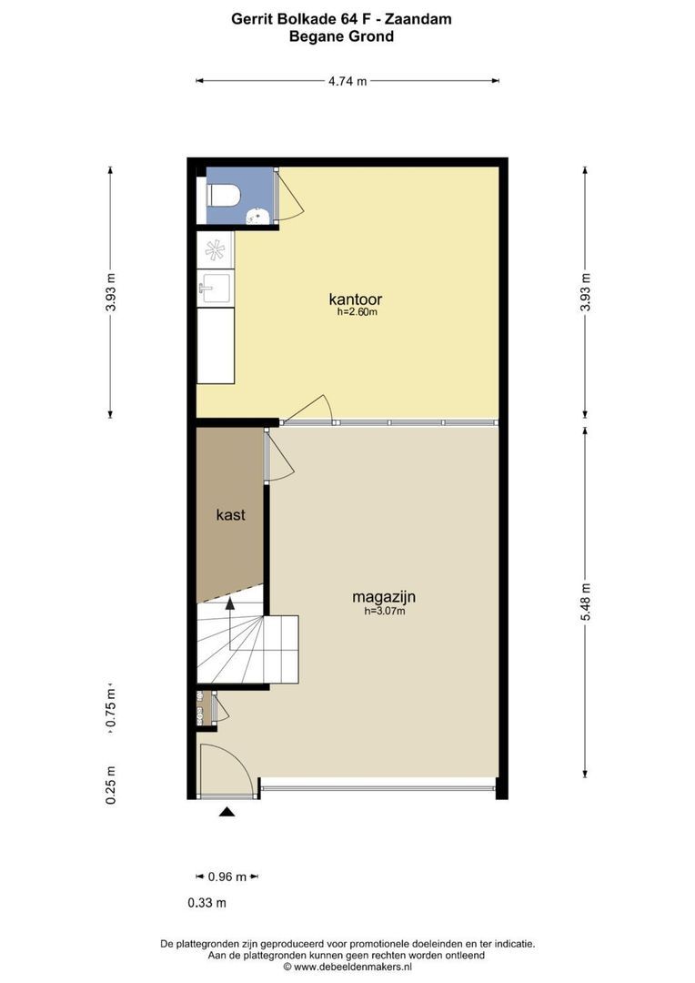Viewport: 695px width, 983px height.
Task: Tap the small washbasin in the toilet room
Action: [x=258, y=216]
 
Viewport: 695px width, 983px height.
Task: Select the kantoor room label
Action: [x=356, y=299]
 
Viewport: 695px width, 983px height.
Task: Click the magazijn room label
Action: [x=384, y=597]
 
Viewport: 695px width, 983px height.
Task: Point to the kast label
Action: [x=231, y=514]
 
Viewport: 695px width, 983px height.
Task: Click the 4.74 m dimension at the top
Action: [x=347, y=81]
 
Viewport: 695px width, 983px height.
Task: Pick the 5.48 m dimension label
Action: [x=586, y=602]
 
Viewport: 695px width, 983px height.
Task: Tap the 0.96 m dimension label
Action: [x=227, y=877]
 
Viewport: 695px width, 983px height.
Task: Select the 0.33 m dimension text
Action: [x=206, y=903]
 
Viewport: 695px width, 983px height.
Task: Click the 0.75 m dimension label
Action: [x=111, y=708]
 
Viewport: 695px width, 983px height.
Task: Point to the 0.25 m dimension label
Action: [x=111, y=785]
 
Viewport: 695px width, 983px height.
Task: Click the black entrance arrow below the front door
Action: [x=227, y=813]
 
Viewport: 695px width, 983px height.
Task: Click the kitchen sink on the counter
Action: [x=215, y=288]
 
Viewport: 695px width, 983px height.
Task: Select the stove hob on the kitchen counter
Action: [x=215, y=249]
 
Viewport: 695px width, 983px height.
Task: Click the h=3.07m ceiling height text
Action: [x=385, y=612]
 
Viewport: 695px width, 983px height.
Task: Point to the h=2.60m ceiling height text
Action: [x=358, y=311]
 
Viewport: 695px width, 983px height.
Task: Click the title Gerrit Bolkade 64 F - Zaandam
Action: [x=341, y=19]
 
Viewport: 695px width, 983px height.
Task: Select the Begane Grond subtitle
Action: [x=341, y=36]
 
